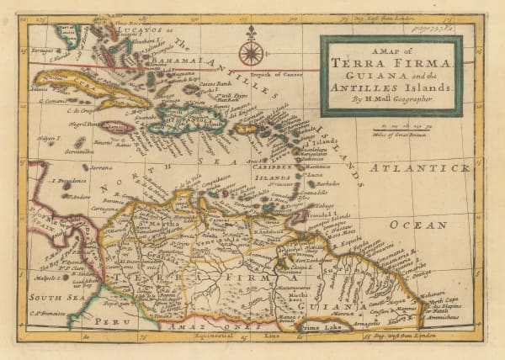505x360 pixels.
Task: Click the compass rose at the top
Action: pyautogui.click(x=250, y=53)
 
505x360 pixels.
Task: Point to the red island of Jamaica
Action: pyautogui.click(x=115, y=128)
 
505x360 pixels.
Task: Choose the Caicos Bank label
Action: pyautogui.click(x=221, y=84)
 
